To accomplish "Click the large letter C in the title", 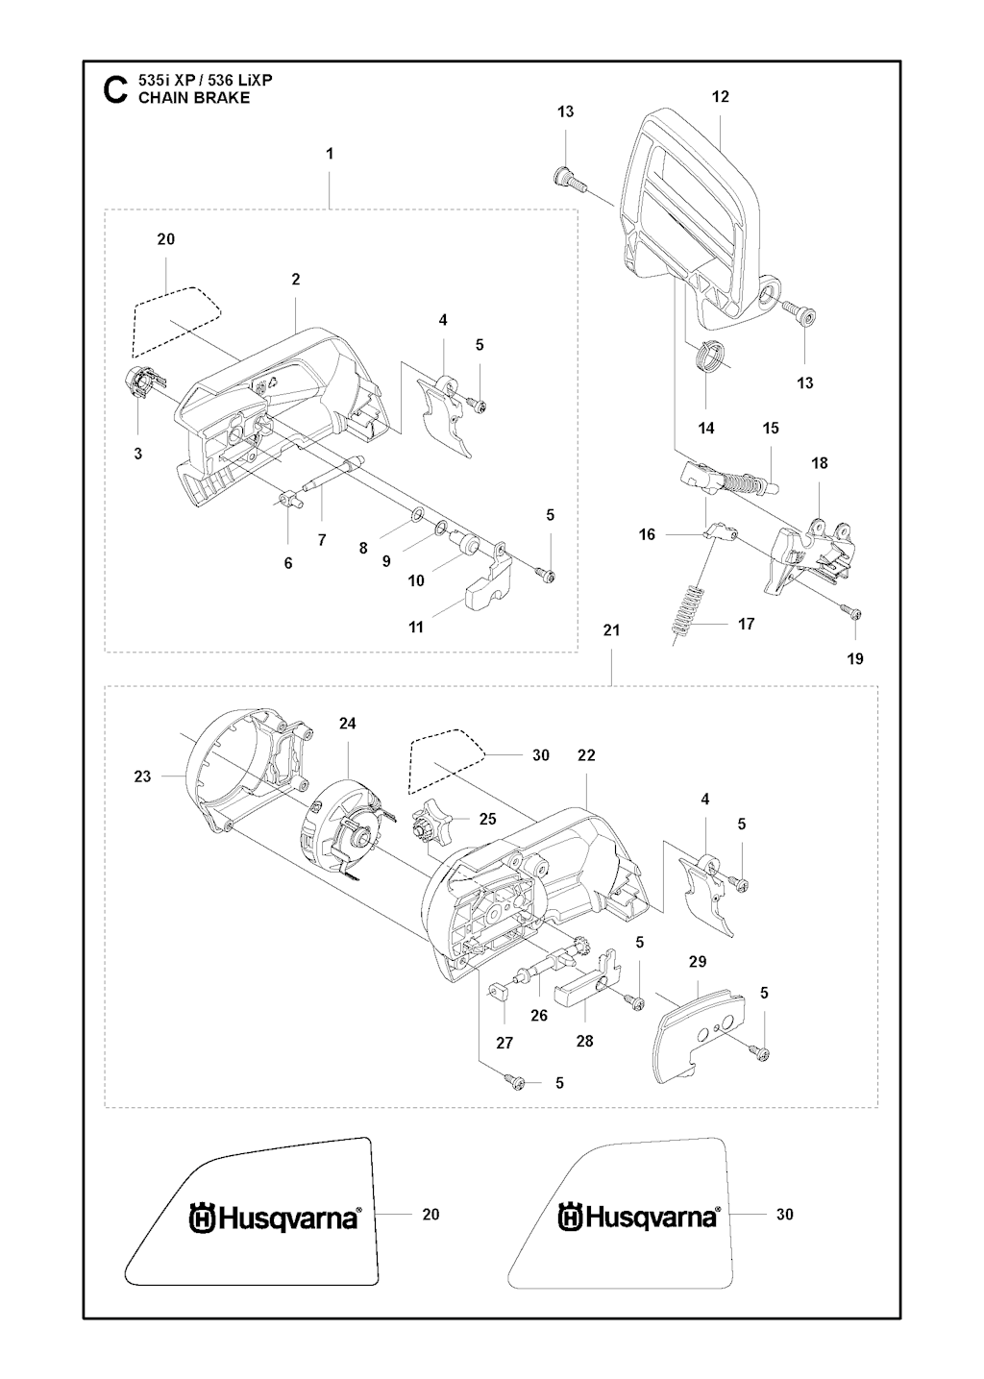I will pos(114,89).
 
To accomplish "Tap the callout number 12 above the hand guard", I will pos(721,96).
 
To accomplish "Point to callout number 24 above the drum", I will pos(348,724).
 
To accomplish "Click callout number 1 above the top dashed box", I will pos(330,154).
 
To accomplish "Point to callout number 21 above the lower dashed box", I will pos(612,630).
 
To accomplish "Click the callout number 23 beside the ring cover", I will pos(142,776).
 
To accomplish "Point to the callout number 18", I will pos(819,462).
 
